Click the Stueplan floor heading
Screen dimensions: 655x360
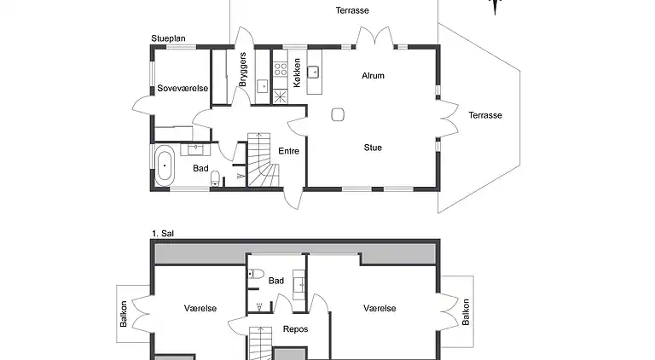coord(168,38)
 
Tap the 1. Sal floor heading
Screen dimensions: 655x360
coord(163,234)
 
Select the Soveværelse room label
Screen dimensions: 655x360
coord(183,88)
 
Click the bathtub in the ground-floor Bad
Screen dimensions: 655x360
coord(165,165)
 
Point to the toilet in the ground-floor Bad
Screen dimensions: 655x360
coord(216,178)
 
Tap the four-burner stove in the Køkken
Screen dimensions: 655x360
coord(281,69)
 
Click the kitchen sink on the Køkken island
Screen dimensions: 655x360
coord(313,73)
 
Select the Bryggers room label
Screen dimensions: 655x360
coord(242,69)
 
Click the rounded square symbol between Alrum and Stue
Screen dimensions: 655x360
coord(338,114)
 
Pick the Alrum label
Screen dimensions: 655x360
coord(373,76)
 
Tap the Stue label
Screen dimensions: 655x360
coord(373,148)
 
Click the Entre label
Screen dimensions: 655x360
coord(288,151)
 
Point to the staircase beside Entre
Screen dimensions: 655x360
coord(264,160)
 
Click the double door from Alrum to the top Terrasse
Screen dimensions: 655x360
coord(374,37)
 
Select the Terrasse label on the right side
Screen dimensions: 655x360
coord(485,115)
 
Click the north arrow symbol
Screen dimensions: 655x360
coord(495,7)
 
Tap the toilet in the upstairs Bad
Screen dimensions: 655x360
coord(256,274)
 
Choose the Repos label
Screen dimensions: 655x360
coord(295,329)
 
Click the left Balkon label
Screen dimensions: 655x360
coord(124,314)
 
